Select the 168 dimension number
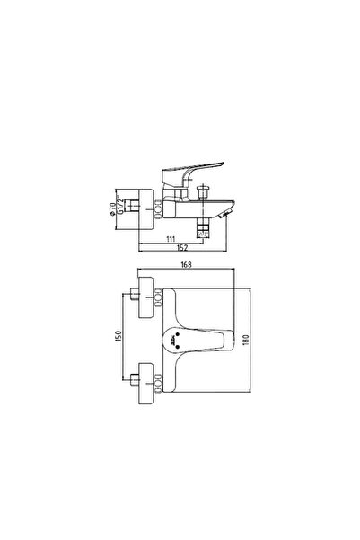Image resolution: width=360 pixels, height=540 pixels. click(184, 265)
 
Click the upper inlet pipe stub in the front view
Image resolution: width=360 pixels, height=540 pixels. click(135, 296)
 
